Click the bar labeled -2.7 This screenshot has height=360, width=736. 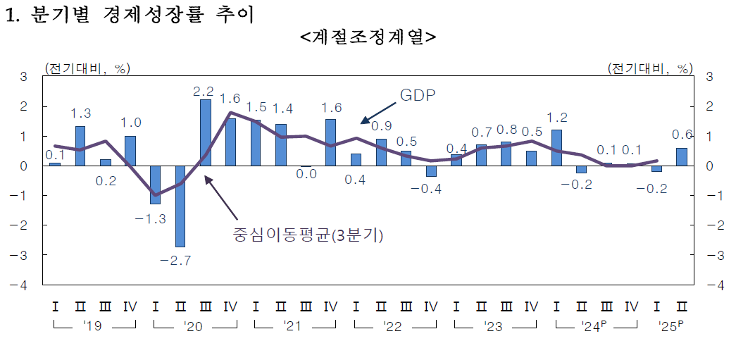[180, 206]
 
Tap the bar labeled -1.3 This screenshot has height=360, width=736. [155, 185]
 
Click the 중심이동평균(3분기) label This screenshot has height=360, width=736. [308, 235]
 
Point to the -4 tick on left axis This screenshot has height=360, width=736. [23, 285]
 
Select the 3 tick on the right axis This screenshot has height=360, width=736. [709, 77]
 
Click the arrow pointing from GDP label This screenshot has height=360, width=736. [378, 109]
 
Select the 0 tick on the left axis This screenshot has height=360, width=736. [23, 166]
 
